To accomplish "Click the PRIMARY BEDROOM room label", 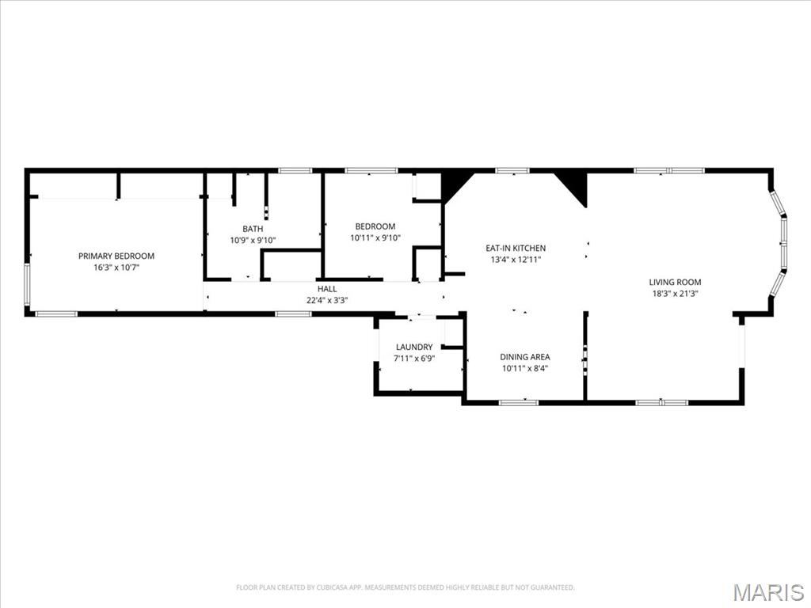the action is pos(116,256).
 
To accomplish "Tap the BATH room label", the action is pos(253,229).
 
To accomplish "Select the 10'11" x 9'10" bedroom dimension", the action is pos(375,237).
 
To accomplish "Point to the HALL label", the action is pos(327,289).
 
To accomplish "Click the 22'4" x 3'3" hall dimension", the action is pos(327,300).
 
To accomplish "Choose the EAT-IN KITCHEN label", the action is pos(516,248).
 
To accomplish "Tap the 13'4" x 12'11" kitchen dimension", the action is pos(516,260).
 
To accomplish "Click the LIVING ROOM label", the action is pos(675,283).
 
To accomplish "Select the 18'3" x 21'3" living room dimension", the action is pos(675,294).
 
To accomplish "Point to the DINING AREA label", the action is pos(525,357).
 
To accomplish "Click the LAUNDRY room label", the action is pos(414,348).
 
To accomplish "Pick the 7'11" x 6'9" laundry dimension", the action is pos(414,359).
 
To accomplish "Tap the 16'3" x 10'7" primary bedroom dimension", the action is pos(116,268).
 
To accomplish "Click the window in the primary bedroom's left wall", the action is pos(28,284).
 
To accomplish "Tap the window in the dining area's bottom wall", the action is pos(519,402).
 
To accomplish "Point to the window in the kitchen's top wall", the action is pos(512,171).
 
